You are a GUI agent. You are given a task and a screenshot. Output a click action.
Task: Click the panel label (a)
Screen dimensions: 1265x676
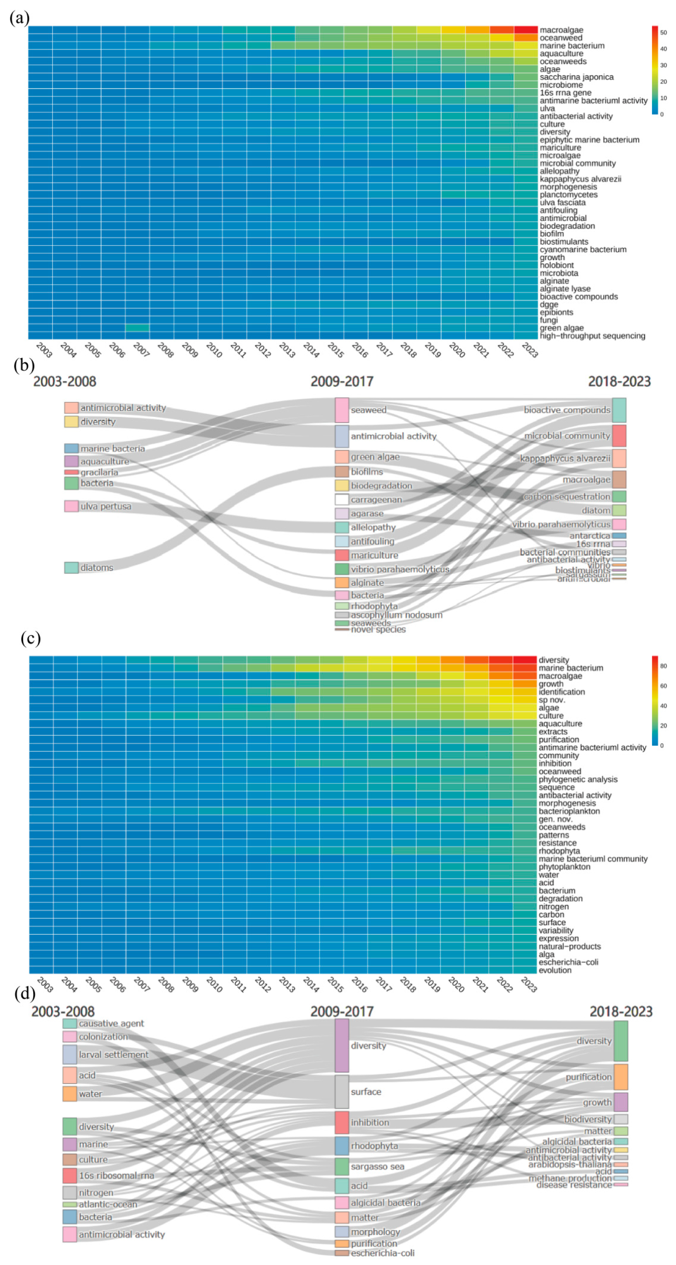point(19,18)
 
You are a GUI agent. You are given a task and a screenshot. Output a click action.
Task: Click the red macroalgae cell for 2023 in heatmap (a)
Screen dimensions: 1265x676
point(526,30)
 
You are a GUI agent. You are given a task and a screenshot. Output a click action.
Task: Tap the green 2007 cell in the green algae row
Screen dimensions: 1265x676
point(138,328)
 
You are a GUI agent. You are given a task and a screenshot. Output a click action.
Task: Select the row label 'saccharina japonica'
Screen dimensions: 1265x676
point(576,77)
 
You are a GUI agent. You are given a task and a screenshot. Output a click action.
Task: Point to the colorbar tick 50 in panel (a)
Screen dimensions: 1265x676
point(663,32)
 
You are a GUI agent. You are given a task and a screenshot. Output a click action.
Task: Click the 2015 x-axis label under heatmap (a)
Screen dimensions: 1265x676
point(336,350)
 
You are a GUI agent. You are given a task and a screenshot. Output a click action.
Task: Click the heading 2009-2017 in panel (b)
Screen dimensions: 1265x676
point(342,382)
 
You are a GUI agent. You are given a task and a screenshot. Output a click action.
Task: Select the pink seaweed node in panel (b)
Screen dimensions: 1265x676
point(342,410)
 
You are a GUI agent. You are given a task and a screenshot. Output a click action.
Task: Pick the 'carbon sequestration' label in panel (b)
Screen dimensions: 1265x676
point(567,497)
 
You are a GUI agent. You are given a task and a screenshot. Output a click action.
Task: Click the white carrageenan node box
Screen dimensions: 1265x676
point(342,499)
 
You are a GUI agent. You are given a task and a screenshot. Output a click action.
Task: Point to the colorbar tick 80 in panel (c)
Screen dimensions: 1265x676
point(663,666)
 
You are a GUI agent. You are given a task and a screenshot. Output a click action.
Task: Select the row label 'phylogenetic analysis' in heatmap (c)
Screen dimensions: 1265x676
point(578,779)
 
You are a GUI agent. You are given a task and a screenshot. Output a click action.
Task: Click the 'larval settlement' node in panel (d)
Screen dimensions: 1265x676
point(70,1054)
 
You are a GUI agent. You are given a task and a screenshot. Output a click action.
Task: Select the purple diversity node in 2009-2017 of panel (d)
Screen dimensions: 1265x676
point(342,1045)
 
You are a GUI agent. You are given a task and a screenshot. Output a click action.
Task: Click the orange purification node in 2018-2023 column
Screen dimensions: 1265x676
point(621,1077)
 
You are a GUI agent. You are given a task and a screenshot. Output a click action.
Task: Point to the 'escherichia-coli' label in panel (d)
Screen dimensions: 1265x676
point(382,1253)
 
